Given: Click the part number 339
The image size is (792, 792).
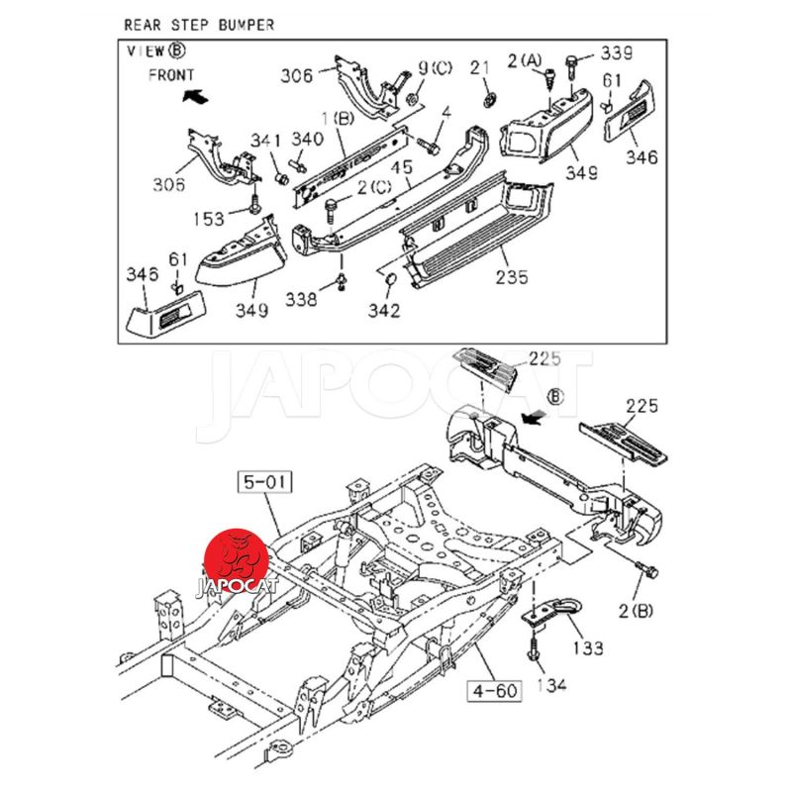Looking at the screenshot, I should (x=617, y=52).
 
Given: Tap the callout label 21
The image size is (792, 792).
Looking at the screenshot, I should (x=480, y=67).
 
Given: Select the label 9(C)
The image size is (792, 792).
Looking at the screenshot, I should (x=434, y=67).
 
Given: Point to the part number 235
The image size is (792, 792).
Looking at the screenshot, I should (x=510, y=276).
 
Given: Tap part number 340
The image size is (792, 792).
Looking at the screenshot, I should (x=306, y=139).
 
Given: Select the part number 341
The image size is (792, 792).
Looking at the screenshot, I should (x=264, y=140).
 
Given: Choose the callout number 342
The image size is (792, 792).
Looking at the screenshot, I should (x=384, y=311).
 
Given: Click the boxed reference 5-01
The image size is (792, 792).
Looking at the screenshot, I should (x=265, y=483).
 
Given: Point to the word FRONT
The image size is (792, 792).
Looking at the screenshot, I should (x=171, y=74).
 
